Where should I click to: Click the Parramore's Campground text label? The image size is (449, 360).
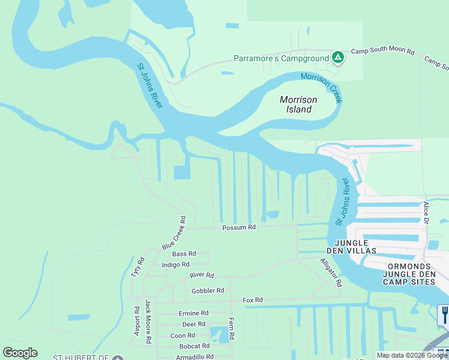click(280, 59)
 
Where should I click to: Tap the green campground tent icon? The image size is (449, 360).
click(338, 58)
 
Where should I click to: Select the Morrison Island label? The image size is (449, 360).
click(296, 104)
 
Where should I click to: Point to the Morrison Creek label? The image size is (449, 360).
click(321, 88)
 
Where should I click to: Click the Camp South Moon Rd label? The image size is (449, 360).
click(382, 52)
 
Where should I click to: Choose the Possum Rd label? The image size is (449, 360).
click(239, 227)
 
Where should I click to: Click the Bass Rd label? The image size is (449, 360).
click(184, 254)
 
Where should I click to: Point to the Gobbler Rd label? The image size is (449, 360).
click(207, 291)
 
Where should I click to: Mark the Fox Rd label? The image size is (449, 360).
click(253, 300)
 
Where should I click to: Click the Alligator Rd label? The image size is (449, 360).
click(331, 272)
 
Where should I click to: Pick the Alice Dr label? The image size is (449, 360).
click(426, 212)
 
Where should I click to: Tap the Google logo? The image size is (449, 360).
click(20, 353)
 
